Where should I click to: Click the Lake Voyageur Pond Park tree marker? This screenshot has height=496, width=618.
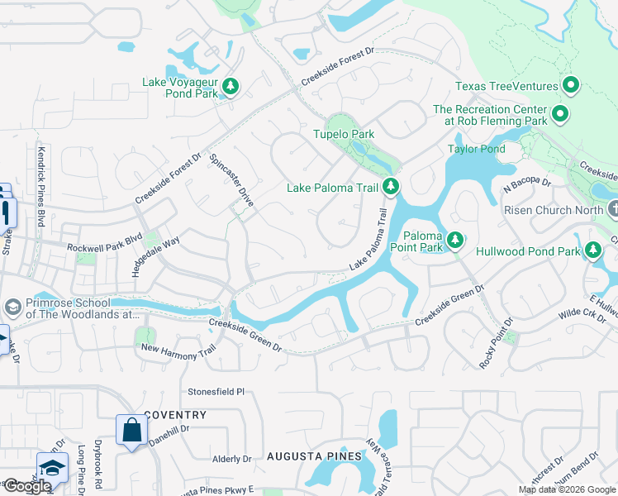click(x=231, y=87)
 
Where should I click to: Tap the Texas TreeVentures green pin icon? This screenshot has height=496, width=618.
click(x=570, y=86)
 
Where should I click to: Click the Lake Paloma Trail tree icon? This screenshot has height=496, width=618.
click(x=391, y=188)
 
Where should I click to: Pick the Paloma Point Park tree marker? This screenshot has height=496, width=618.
click(x=454, y=241)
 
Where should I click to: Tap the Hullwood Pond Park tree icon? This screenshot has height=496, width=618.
click(x=592, y=250)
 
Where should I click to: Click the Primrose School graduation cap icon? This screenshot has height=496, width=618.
click(x=12, y=308)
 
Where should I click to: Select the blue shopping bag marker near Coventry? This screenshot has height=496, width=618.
click(x=131, y=431)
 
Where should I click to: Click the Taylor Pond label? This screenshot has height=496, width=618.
click(x=476, y=149)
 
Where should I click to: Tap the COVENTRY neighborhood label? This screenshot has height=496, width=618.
click(x=174, y=414)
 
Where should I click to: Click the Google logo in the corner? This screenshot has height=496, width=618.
click(x=27, y=486)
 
